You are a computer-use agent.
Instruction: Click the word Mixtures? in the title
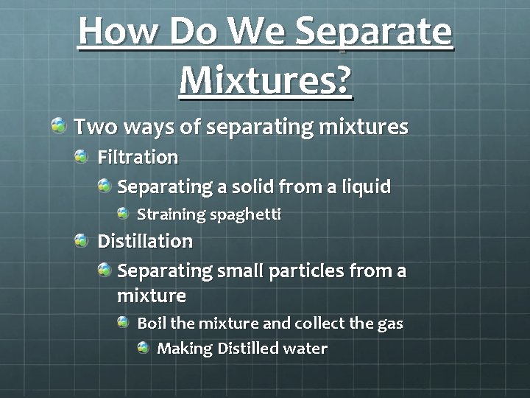[265, 77]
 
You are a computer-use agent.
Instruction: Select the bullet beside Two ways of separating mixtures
[59, 125]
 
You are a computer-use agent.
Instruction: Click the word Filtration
[138, 157]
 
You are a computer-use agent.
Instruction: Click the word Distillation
[145, 241]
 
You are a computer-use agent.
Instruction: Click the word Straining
[172, 214]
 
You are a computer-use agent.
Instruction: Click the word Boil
[152, 323]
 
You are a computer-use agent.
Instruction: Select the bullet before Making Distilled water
[144, 348]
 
